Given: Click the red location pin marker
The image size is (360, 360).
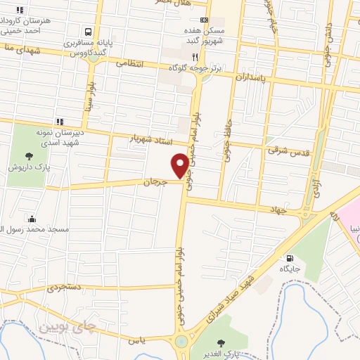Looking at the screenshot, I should [x=181, y=165].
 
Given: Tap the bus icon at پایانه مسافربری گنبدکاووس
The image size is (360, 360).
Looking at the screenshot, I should [x=88, y=32].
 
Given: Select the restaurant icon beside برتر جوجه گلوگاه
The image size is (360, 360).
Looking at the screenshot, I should [x=194, y=56].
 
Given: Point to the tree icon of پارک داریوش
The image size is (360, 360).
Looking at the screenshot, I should [x=29, y=156].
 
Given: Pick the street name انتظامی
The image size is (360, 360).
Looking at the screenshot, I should [x=129, y=63].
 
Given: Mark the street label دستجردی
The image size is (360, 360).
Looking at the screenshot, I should [x=65, y=288].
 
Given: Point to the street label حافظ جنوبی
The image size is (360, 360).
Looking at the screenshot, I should [x=228, y=142].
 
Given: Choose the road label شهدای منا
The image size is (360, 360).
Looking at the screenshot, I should [x=20, y=49].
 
